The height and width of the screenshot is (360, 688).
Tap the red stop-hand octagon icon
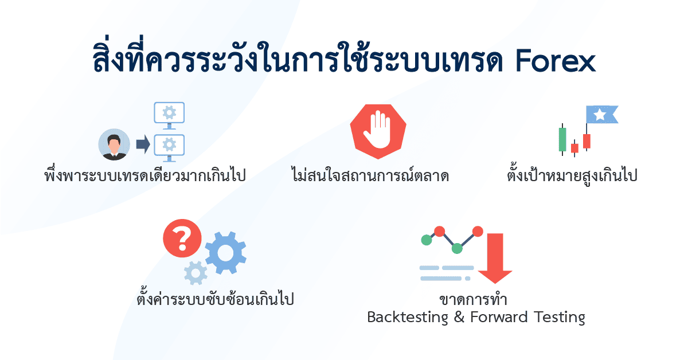click(x=378, y=131)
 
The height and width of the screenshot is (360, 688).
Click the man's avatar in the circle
click(x=115, y=144)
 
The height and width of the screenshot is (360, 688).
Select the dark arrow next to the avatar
click(x=143, y=145)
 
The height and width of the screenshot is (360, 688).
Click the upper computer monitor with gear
click(x=169, y=114)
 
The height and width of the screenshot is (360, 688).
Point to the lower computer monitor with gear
click(x=169, y=144)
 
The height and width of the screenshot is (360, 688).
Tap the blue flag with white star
click(x=601, y=115)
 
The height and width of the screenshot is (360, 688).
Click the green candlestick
click(x=562, y=139)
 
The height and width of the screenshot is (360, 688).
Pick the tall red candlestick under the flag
click(x=587, y=141)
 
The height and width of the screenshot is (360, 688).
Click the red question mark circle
click(x=182, y=238)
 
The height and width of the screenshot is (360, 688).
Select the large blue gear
click(x=225, y=253)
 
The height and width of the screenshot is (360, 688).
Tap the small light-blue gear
click(x=196, y=273)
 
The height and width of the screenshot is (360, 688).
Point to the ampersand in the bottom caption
click(x=458, y=317)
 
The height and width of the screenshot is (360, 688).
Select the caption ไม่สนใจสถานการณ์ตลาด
click(x=370, y=175)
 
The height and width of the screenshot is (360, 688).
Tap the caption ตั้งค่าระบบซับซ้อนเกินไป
click(x=214, y=299)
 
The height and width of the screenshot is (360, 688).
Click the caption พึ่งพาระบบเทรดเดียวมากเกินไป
click(x=144, y=175)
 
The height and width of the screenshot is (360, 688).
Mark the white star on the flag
click(x=600, y=115)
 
